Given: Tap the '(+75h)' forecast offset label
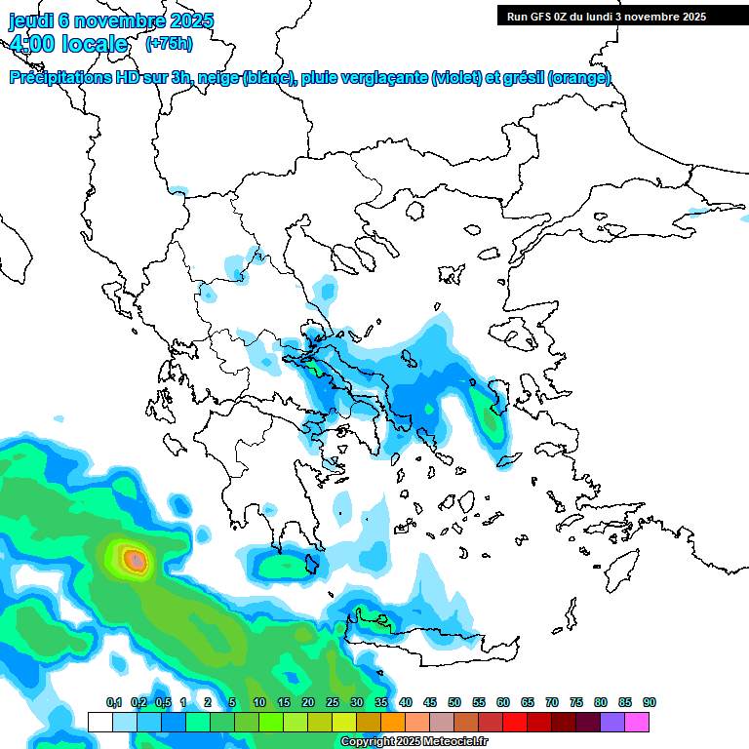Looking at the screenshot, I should [169, 43].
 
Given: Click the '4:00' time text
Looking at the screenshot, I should [30, 43].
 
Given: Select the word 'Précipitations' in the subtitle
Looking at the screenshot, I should [61, 78].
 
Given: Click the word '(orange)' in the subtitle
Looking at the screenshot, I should [579, 78].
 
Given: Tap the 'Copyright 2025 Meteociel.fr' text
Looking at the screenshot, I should [414, 742].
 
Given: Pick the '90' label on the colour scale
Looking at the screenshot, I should [650, 702].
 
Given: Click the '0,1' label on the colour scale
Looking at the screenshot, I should [114, 702].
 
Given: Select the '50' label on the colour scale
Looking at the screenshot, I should [454, 702].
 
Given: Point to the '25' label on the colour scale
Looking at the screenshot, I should [333, 702].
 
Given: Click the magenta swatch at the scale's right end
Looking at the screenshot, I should [637, 722].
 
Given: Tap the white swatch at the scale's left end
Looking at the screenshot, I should [99, 722].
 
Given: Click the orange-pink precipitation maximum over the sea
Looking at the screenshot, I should [136, 560].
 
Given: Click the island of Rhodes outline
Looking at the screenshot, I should [617, 563].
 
